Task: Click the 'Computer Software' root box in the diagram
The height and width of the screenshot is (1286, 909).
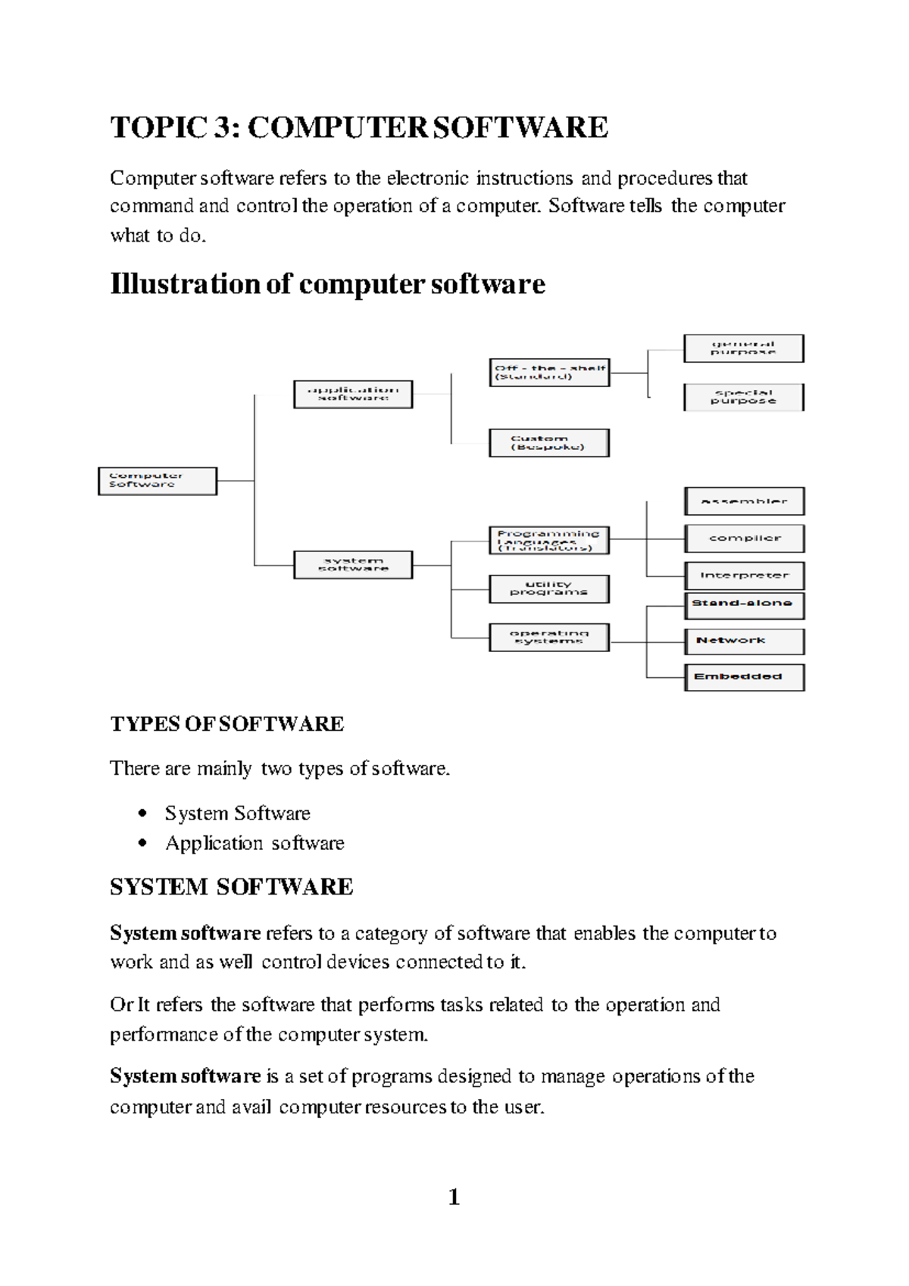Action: [158, 481]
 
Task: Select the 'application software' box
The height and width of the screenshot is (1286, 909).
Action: [353, 394]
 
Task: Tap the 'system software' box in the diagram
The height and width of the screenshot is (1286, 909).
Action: [353, 565]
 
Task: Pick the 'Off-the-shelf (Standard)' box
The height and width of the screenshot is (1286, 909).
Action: [549, 373]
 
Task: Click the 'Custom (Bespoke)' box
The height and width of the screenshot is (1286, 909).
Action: [549, 443]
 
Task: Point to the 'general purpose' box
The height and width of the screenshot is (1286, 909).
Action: [743, 348]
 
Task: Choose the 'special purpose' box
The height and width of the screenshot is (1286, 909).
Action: [743, 397]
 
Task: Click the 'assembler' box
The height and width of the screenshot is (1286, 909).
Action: [744, 501]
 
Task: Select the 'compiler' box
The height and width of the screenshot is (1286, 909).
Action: [744, 538]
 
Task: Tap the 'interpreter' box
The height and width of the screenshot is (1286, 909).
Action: [744, 576]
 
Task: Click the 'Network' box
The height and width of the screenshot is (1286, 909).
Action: [744, 641]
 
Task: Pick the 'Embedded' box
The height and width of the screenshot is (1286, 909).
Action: [744, 677]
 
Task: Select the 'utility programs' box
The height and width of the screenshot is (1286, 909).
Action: [549, 588]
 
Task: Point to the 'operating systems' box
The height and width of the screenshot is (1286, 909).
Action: [549, 637]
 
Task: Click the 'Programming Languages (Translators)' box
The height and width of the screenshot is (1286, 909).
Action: [549, 541]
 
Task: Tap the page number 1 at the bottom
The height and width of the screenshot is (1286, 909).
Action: [454, 1197]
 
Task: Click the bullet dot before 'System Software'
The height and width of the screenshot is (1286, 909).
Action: [143, 813]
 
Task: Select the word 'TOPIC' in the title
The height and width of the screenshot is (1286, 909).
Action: [158, 127]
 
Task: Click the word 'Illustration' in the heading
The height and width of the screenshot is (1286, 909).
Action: [185, 284]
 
